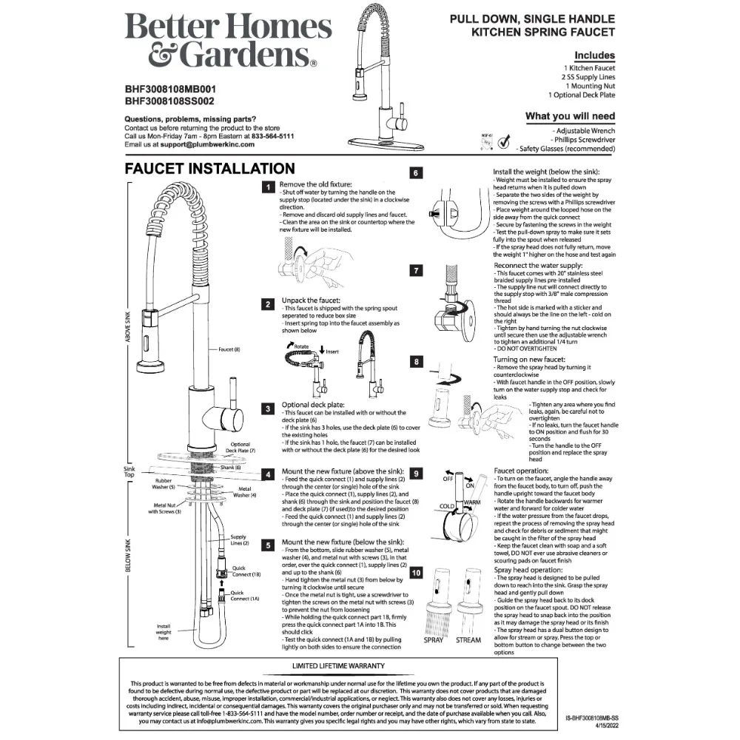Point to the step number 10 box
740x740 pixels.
[x=417, y=572]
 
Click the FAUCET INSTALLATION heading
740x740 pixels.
[x=209, y=169]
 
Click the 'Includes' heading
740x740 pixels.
[x=594, y=55]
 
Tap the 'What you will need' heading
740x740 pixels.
[x=570, y=116]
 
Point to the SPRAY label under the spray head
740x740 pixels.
[x=434, y=640]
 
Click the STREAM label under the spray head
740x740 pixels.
[x=468, y=640]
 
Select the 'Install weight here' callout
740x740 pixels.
[x=164, y=632]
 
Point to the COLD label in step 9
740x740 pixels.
[x=448, y=507]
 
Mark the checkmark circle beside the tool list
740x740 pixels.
[x=505, y=141]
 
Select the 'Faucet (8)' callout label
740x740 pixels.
[x=229, y=349]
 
